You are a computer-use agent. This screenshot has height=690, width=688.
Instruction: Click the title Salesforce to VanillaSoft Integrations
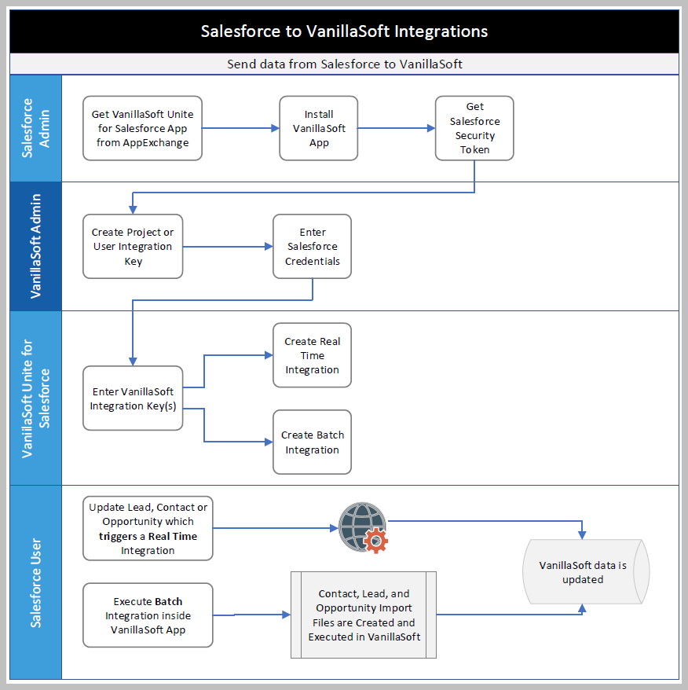[344, 31]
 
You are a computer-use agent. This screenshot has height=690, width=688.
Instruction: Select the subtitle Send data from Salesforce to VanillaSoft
[344, 64]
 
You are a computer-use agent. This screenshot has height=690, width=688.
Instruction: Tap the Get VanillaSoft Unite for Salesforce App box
[142, 128]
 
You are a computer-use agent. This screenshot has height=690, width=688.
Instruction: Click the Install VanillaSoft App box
[319, 128]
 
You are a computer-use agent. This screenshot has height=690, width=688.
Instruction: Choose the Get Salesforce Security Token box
[474, 128]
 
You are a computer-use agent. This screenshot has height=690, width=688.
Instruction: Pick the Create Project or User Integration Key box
[133, 246]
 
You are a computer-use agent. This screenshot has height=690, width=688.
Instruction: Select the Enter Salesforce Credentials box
[312, 246]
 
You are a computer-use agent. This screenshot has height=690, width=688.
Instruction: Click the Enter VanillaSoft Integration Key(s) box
[133, 398]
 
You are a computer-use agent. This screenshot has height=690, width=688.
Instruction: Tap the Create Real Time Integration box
[312, 355]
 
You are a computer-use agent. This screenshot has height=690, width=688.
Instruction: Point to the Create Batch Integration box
[312, 442]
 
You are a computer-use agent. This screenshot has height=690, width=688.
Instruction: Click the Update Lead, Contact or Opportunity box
[148, 528]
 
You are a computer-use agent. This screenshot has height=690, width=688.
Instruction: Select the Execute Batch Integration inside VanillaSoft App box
[148, 615]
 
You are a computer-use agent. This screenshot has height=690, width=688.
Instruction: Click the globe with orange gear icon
[363, 527]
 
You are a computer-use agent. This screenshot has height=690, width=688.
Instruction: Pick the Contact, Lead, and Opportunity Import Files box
[364, 615]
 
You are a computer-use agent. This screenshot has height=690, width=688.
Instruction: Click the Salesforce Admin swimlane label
[35, 128]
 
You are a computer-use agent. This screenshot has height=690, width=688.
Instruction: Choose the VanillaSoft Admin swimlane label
[35, 246]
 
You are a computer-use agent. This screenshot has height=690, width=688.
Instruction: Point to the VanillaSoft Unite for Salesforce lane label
[35, 398]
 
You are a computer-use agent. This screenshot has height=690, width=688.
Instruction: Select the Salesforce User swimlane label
[35, 582]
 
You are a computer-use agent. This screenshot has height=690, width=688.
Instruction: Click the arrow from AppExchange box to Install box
[240, 128]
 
